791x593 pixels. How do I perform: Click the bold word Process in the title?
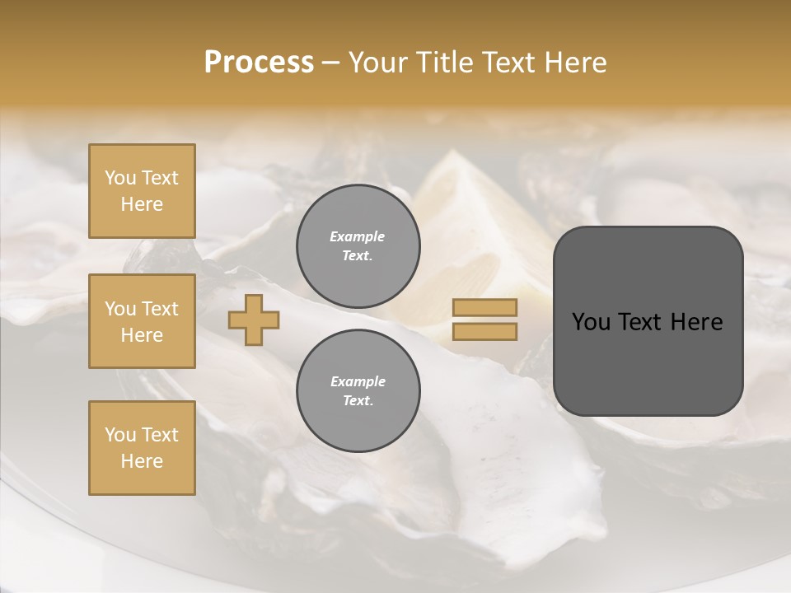click(259, 63)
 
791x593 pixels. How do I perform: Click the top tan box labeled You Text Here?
click(142, 191)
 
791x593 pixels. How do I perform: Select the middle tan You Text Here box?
click(142, 321)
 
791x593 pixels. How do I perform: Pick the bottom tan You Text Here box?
click(142, 448)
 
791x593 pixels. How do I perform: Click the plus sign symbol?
click(254, 320)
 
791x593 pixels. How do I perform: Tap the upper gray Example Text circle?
click(358, 246)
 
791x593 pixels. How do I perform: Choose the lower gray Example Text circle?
click(358, 391)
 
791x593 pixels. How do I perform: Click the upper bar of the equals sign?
click(485, 307)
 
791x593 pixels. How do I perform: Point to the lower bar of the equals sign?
click(485, 332)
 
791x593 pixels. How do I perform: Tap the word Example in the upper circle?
click(358, 237)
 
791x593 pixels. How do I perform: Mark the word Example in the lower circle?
click(358, 382)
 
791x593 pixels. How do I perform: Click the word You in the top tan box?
click(120, 178)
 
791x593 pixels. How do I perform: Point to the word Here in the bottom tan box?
click(142, 461)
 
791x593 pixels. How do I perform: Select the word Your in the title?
click(380, 63)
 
